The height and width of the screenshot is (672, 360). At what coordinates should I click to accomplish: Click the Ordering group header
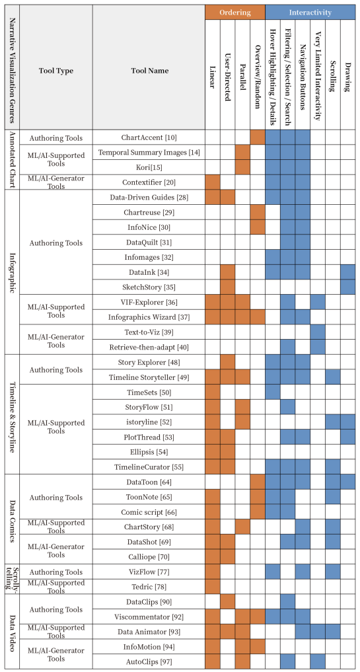(x=235, y=13)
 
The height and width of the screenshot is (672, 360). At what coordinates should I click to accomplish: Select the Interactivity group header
(x=310, y=13)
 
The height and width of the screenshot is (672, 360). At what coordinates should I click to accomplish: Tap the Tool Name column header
(x=149, y=71)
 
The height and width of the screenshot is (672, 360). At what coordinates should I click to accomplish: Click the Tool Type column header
(x=55, y=71)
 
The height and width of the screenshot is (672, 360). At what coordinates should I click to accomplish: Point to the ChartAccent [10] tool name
(x=149, y=137)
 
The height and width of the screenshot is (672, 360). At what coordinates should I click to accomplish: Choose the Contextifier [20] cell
(x=149, y=182)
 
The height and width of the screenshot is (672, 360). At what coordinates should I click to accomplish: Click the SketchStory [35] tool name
(x=149, y=287)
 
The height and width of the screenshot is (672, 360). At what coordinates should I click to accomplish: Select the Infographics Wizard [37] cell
(x=149, y=317)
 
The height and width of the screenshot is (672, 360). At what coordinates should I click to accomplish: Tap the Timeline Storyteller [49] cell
(x=149, y=377)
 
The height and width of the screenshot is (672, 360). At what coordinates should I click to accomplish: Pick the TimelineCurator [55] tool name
(x=149, y=467)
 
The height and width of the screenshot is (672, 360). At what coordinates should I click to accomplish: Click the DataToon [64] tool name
(x=149, y=483)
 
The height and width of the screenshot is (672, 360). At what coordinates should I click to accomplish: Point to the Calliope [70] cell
(x=149, y=557)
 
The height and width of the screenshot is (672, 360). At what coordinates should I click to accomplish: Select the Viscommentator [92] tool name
(x=149, y=618)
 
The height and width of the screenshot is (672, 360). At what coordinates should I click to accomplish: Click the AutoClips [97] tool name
(x=149, y=661)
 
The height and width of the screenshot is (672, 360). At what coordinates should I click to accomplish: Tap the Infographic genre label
(x=12, y=272)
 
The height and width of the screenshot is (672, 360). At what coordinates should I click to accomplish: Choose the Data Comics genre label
(x=12, y=519)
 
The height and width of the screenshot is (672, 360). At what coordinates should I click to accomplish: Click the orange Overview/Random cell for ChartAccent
(x=258, y=137)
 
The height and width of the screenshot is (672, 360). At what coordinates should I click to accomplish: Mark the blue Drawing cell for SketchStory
(x=347, y=287)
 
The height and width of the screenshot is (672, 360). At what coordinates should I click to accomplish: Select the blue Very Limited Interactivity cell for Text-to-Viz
(x=318, y=331)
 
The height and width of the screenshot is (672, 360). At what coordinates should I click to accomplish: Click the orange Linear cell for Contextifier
(x=213, y=182)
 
